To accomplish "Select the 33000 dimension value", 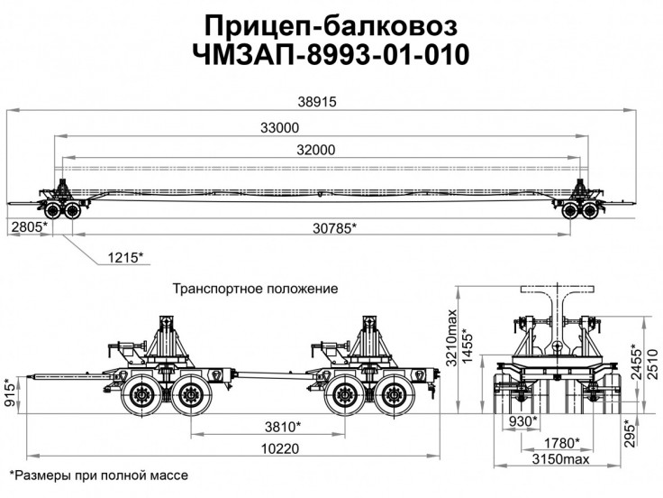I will pos(280,128).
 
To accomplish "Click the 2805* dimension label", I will pos(28,228).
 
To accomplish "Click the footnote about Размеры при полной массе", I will pos(104,475).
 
